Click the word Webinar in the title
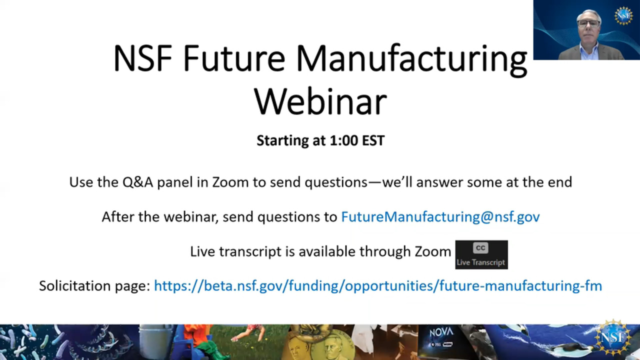(320, 101)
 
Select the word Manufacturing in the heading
(411, 60)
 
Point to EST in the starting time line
(373, 140)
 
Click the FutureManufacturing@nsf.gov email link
(440, 216)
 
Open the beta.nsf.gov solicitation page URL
(377, 285)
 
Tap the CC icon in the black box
(480, 247)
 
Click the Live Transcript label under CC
(481, 262)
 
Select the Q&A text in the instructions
(137, 182)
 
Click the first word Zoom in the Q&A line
(230, 182)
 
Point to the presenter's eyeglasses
(588, 23)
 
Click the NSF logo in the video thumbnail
(623, 16)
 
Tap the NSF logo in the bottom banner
(612, 337)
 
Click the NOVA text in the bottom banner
(441, 332)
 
